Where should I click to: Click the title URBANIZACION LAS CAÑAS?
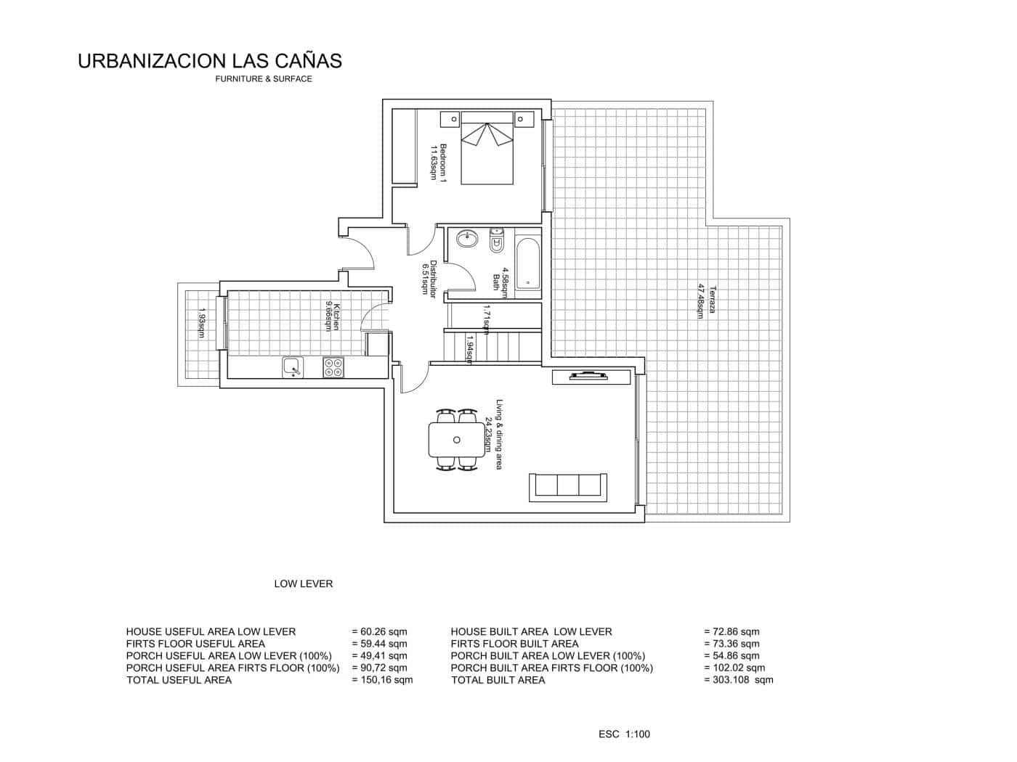[x=209, y=61]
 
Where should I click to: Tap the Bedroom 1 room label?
[x=438, y=162]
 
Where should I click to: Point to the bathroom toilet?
[x=498, y=241]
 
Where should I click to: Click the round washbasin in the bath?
[x=466, y=239]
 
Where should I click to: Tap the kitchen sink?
[x=292, y=367]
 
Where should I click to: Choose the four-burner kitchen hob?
[x=334, y=367]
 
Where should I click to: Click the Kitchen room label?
[x=332, y=316]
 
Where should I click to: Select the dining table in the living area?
[x=456, y=440]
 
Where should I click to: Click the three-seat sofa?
[x=569, y=485]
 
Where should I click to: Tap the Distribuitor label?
[x=429, y=279]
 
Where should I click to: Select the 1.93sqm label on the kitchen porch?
[x=202, y=324]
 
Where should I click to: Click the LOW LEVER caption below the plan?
[x=303, y=583]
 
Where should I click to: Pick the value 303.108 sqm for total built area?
[x=739, y=680]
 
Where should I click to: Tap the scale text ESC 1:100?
[x=624, y=734]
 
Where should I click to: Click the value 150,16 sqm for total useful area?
[x=382, y=680]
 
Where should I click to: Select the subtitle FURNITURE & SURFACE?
[x=263, y=79]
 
